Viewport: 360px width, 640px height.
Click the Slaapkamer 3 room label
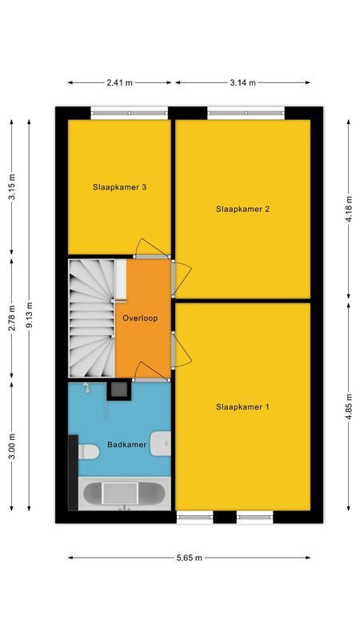(120, 188)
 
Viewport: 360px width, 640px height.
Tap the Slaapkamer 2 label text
(242, 209)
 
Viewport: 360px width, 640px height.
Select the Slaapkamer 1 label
(242, 406)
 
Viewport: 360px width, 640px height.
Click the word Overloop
(140, 318)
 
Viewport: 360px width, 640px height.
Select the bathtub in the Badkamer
(124, 492)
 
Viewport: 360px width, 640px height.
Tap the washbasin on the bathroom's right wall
(163, 442)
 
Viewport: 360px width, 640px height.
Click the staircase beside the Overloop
(90, 318)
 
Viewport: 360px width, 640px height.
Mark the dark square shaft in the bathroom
(119, 390)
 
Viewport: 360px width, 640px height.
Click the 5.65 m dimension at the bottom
(190, 558)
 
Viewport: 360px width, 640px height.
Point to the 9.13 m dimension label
(30, 315)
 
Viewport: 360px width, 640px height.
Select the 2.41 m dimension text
(119, 82)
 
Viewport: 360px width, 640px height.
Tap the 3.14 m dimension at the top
(242, 82)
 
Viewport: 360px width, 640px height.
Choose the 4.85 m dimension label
(349, 406)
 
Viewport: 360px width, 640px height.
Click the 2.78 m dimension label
(11, 318)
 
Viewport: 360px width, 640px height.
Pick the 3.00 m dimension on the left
(11, 444)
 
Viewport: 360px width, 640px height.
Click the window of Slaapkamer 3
(119, 114)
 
